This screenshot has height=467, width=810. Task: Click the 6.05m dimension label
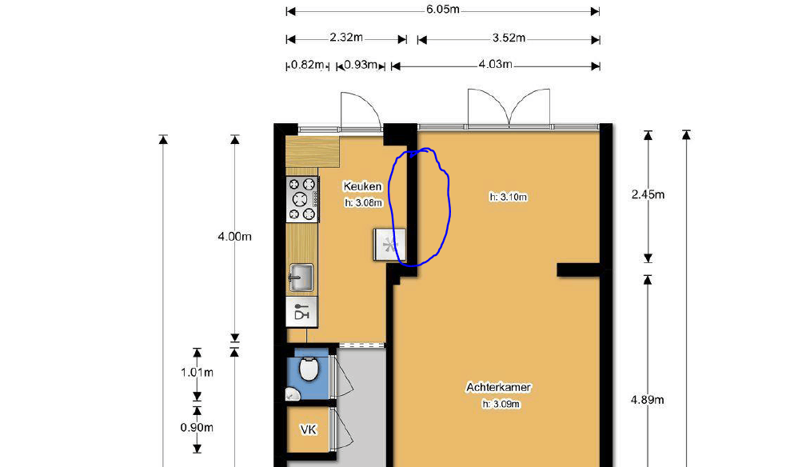click(443, 10)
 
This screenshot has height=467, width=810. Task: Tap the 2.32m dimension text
click(346, 38)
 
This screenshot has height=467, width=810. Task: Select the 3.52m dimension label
click(509, 38)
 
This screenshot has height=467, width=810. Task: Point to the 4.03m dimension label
click(496, 65)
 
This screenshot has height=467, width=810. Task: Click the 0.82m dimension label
click(308, 65)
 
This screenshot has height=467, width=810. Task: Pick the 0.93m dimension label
click(361, 65)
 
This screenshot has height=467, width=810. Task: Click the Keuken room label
click(363, 186)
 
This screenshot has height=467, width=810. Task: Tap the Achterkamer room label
click(498, 388)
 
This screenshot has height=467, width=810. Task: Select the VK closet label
click(309, 429)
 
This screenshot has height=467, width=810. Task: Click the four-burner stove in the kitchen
click(302, 199)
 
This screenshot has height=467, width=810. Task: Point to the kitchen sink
click(301, 277)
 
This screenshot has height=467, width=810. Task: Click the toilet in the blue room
click(309, 369)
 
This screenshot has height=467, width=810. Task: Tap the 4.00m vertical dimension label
click(234, 237)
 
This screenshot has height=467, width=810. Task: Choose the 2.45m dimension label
click(648, 195)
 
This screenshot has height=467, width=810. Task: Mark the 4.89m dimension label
click(647, 400)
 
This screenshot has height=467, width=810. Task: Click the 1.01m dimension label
click(197, 373)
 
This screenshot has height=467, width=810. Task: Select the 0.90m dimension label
click(197, 428)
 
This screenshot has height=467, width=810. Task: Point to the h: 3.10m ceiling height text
click(509, 197)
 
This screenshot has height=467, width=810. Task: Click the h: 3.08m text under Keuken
click(364, 203)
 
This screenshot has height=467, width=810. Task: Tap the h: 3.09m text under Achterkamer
click(501, 404)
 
